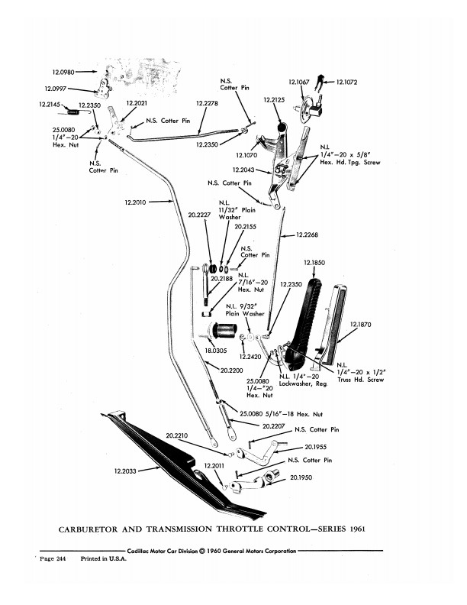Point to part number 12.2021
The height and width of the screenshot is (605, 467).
point(138,102)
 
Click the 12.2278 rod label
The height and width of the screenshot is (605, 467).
point(207,102)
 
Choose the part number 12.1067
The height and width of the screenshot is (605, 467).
point(299,82)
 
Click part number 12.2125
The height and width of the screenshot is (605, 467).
point(274,100)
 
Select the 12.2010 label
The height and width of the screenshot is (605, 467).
point(136,202)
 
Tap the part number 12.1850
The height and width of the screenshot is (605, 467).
point(314,264)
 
